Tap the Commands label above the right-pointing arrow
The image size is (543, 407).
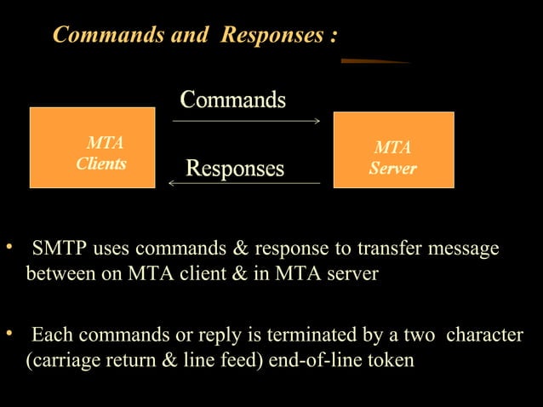click(233, 100)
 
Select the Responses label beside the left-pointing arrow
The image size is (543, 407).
click(235, 168)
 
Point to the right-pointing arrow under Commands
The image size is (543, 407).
click(246, 121)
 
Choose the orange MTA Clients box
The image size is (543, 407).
click(92, 147)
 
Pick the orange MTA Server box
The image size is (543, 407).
click(393, 150)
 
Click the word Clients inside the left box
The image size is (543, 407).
click(101, 163)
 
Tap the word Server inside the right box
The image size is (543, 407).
click(393, 169)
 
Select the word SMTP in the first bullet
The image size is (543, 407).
click(58, 249)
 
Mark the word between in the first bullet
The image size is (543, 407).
click(58, 275)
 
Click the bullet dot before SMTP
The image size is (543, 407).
click(9, 248)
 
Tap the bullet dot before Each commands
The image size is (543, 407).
click(9, 333)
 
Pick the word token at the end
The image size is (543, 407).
click(391, 360)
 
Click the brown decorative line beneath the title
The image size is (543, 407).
click(374, 61)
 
